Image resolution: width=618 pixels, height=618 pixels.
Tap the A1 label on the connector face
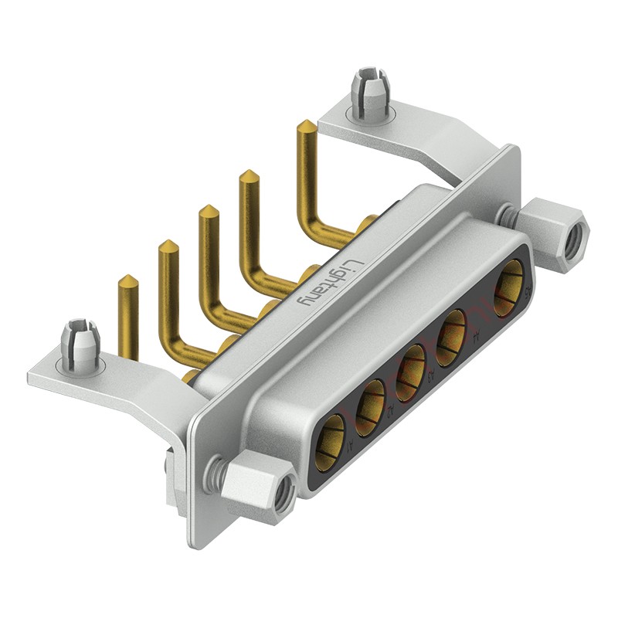point(352,445)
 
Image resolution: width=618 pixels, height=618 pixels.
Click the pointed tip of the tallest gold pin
point(306,125)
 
